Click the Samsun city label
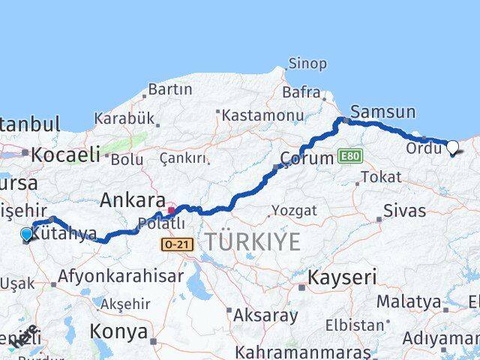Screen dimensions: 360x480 click(382, 112)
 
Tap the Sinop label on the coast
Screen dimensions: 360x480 click(307, 64)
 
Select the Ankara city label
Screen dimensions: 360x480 click(132, 200)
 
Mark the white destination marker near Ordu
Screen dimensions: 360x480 click(453, 147)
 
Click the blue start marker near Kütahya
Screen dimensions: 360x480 click(28, 235)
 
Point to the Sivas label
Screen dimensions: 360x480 click(404, 210)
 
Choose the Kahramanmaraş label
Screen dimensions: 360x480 click(293, 351)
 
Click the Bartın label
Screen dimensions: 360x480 click(170, 89)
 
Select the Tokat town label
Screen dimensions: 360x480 click(380, 177)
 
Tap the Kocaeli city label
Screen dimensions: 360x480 click(66, 155)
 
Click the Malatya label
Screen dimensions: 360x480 click(408, 301)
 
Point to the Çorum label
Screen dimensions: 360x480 click(306, 158)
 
